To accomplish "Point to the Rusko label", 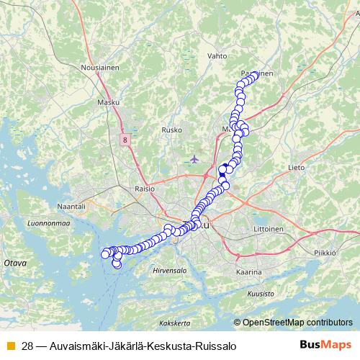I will click(x=171, y=130).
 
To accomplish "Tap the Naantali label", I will click(x=71, y=206).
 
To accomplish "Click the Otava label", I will click(x=15, y=264).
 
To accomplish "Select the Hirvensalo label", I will click(x=170, y=270).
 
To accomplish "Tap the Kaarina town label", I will click(x=249, y=272).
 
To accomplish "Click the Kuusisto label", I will click(x=261, y=294).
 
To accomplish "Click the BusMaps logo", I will click(x=325, y=346).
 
